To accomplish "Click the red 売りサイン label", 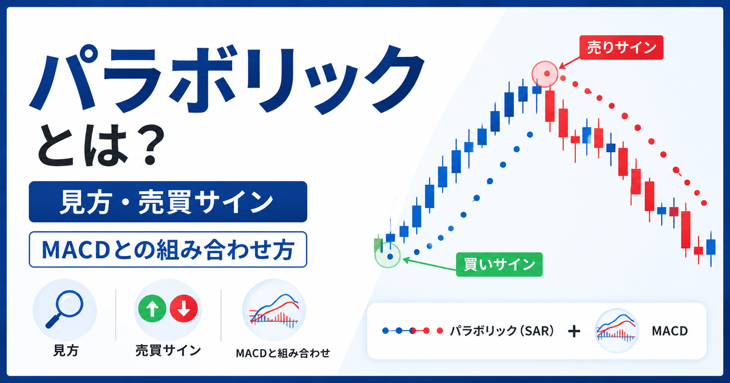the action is point(621,48).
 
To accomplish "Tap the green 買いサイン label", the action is point(499,265).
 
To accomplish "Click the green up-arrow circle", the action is point(152,309).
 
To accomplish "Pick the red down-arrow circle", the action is point(184,309).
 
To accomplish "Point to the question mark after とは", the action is point(148,145).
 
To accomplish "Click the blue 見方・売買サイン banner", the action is point(168,202).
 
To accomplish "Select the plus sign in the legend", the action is point(574,332).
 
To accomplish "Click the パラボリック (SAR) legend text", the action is point(502,331).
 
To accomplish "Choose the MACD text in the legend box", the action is point(670,331).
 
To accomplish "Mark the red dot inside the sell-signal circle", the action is point(547,73).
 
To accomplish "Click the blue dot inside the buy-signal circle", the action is point(390,256).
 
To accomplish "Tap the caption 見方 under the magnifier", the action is point(66,351).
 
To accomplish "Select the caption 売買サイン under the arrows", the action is point(168,351).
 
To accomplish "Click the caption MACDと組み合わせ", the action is point(283,353).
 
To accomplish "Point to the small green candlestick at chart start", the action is point(378,245).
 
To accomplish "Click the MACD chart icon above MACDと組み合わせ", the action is point(274,310).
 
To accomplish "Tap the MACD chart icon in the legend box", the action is point(617,331).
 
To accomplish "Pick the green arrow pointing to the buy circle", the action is point(429,264).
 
